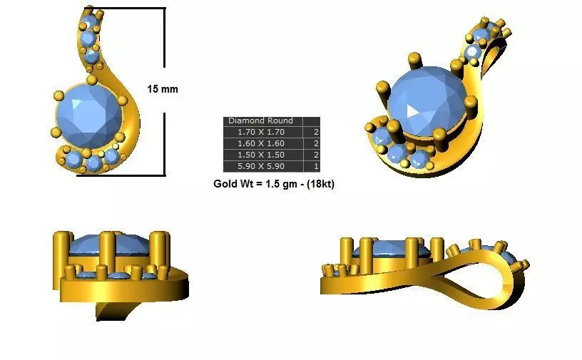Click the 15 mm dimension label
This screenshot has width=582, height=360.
[163, 89]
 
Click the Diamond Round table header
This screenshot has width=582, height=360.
[256, 121]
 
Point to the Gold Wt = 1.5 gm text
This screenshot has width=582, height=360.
[253, 183]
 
